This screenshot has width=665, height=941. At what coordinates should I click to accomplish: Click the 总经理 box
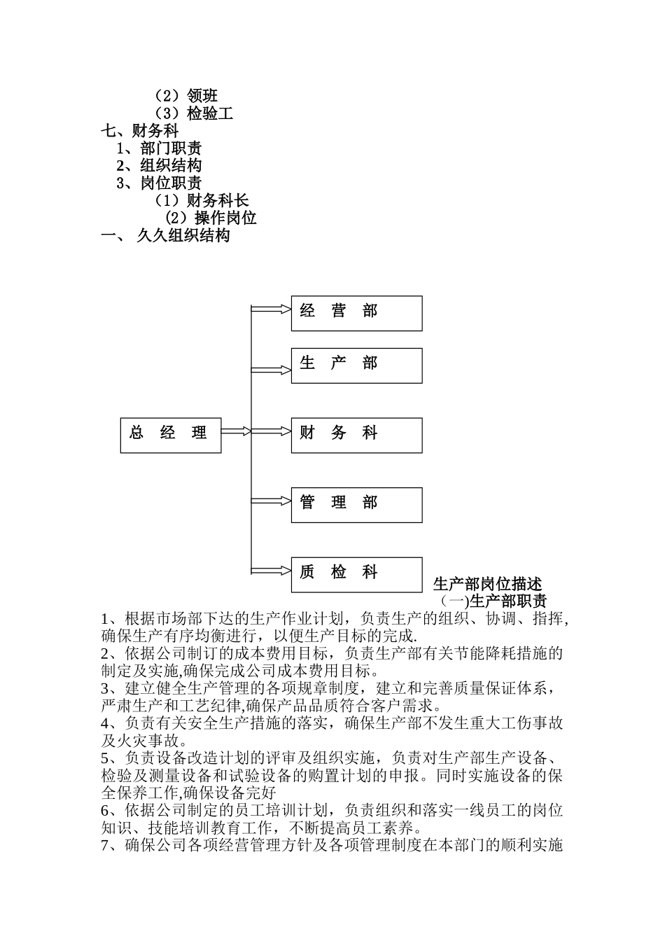(x=171, y=434)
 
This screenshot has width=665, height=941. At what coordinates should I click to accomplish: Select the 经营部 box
(x=356, y=313)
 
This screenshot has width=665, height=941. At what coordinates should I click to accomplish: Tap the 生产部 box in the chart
(x=356, y=365)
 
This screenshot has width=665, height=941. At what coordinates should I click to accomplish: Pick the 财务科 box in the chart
(x=356, y=435)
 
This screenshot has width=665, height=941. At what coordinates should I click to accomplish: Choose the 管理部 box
(x=356, y=504)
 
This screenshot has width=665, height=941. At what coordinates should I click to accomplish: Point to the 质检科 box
(x=356, y=574)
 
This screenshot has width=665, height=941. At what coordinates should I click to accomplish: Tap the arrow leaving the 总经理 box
(x=237, y=431)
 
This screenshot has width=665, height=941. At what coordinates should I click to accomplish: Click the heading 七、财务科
(x=140, y=130)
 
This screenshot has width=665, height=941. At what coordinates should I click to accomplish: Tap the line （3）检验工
(x=193, y=113)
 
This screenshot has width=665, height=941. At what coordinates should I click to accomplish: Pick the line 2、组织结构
(x=159, y=165)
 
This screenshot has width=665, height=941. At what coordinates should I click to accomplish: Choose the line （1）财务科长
(x=202, y=200)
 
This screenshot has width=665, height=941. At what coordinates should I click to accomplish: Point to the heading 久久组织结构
(x=183, y=235)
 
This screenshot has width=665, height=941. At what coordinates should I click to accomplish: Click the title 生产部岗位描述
(x=487, y=584)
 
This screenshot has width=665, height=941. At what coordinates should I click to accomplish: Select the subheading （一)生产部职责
(x=493, y=601)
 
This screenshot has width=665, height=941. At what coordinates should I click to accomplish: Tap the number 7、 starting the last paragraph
(x=112, y=845)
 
